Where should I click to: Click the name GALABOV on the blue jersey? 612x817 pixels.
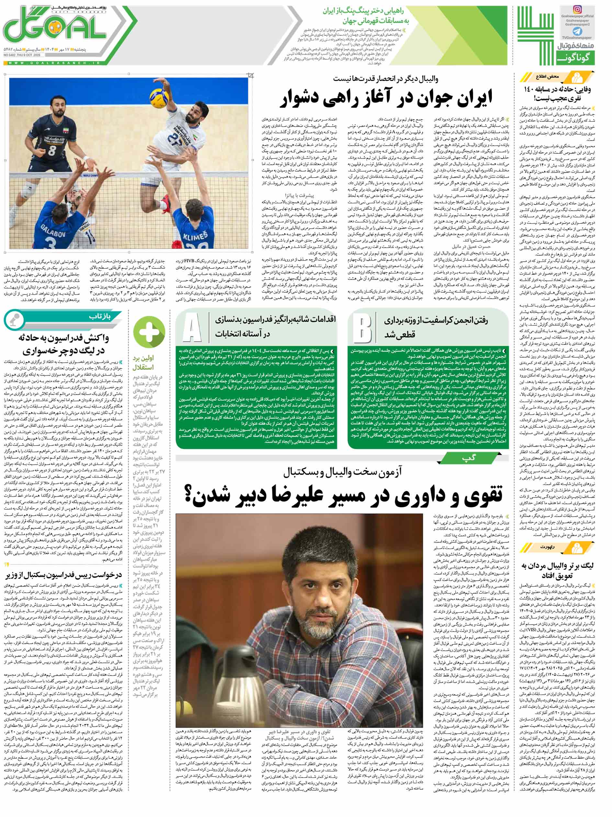(47, 226)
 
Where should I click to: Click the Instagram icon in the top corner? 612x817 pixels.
(578, 10)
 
